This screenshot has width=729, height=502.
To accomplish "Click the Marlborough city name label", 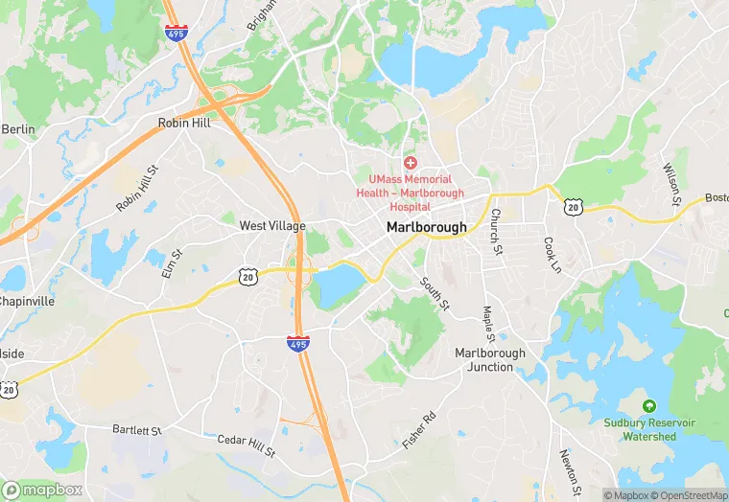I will pos(427,227).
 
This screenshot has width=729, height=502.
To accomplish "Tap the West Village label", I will pos(272,226).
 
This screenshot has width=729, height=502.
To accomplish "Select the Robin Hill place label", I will pos(183,124).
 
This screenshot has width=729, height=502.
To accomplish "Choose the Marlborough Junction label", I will pos(490,359).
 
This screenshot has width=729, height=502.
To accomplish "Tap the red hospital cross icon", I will pos(411,164).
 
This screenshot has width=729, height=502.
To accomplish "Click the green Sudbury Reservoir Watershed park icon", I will pos(649,406).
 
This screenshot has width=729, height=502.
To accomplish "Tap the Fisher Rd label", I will pos(419,430).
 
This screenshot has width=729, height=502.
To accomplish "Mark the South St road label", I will pos(435,293).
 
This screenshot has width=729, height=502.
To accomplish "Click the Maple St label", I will pos(489,324).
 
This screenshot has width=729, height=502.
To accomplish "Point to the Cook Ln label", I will pos(552,255).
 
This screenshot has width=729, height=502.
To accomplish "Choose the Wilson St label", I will pos(671,185).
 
